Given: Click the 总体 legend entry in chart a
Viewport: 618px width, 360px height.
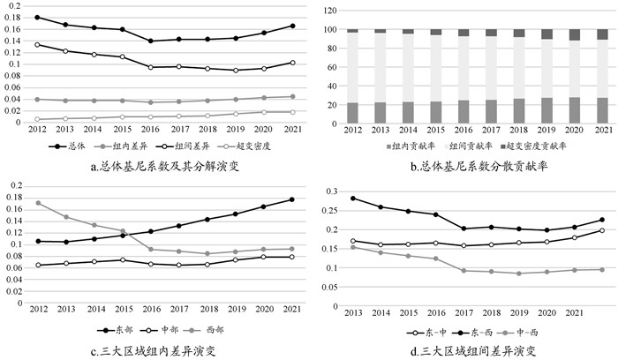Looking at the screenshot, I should tap(71, 146).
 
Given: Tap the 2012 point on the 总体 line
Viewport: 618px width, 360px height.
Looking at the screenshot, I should tap(36, 17).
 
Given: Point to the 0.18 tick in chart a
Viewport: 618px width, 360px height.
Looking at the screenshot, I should tap(16, 17).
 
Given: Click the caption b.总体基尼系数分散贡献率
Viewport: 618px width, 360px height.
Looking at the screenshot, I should tap(469, 165).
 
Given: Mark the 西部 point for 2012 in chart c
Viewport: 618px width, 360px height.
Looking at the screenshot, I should tap(36, 203).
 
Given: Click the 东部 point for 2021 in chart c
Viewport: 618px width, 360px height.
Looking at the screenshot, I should tap(291, 199).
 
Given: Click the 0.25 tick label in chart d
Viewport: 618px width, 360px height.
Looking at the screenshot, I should tap(330, 210).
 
